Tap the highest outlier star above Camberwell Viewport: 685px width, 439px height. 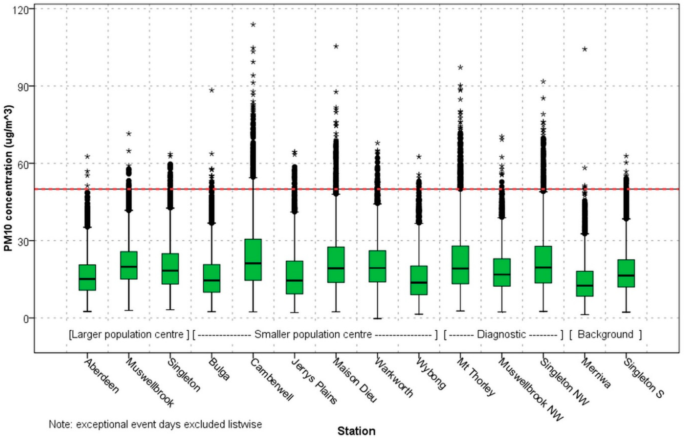253,24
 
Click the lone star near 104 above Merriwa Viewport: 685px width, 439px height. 585,49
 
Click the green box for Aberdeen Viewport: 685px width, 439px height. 87,277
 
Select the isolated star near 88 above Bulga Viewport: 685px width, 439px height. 212,90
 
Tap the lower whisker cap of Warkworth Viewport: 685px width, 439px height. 378,318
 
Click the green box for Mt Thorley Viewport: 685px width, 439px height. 460,265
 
